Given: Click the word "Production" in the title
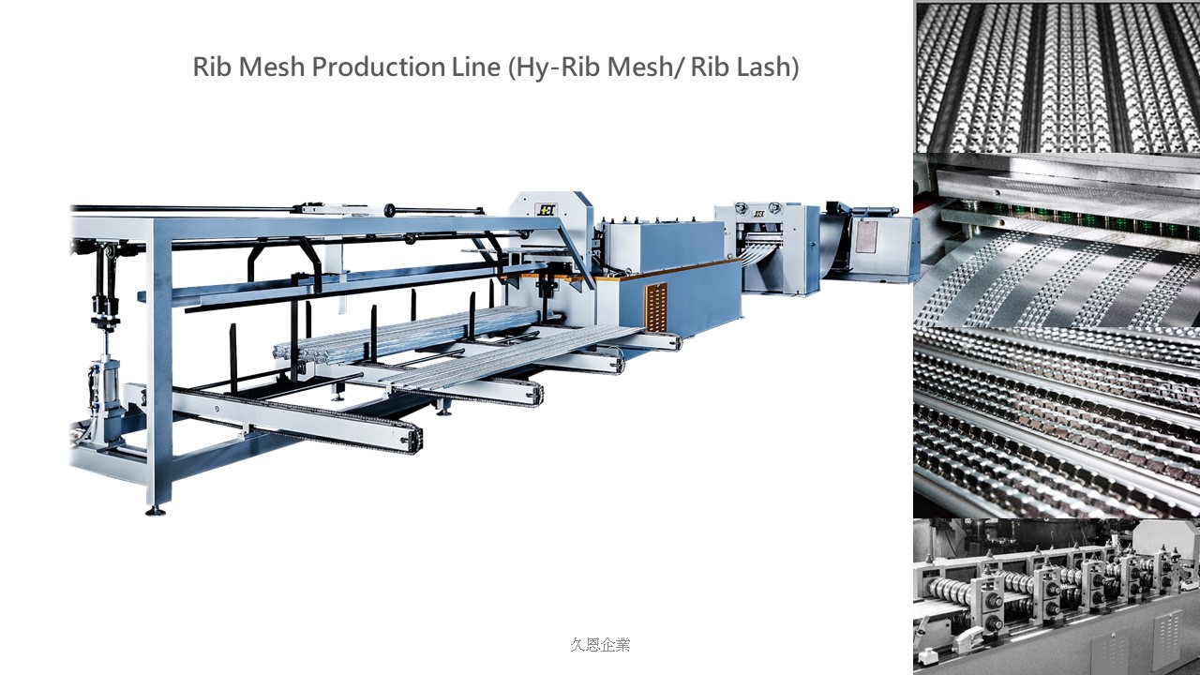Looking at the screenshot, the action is (378, 67).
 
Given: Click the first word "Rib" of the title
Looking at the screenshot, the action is (213, 67).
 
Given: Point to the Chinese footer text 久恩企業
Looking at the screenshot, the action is (601, 644).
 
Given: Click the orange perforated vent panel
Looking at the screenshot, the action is (656, 307).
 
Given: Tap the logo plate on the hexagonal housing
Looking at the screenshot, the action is (546, 209).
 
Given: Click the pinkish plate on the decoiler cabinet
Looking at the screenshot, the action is (865, 236).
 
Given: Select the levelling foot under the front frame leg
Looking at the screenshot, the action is (156, 512).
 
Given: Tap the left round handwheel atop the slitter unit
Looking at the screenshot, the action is (741, 208).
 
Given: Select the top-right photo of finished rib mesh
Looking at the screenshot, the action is (1057, 77).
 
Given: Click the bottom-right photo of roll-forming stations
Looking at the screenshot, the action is (1057, 596).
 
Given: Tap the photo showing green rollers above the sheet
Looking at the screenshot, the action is (1057, 241).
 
